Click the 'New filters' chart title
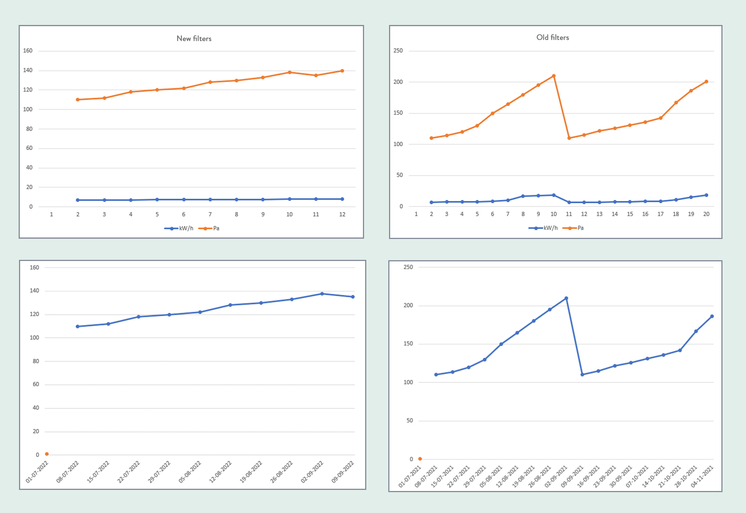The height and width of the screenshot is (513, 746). (x=194, y=38)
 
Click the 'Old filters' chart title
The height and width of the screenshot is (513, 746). (x=552, y=37)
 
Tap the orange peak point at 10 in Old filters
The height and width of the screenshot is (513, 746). (x=554, y=76)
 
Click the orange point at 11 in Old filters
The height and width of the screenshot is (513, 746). (x=569, y=138)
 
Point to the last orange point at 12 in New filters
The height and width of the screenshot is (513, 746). (x=342, y=71)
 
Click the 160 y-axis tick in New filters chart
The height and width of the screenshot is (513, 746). (x=28, y=51)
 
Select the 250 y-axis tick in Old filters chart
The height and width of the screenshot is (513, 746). (x=398, y=51)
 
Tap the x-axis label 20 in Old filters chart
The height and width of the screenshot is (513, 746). (x=706, y=214)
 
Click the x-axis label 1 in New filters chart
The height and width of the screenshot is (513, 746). (x=51, y=214)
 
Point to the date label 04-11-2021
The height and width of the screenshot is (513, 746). (x=702, y=476)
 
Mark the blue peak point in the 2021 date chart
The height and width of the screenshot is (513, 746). (x=566, y=298)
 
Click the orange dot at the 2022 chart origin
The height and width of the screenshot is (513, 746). (x=47, y=454)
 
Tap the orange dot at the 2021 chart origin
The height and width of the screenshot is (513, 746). (x=420, y=459)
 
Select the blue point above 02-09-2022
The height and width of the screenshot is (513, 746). (x=322, y=294)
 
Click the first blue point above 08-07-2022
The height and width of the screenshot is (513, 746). (x=78, y=327)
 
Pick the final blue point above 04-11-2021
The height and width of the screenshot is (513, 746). (x=712, y=317)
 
